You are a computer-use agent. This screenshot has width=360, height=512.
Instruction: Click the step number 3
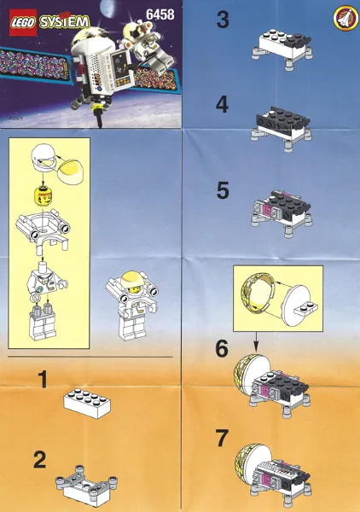click(x=223, y=20)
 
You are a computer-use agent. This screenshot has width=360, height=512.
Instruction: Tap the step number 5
click(x=223, y=191)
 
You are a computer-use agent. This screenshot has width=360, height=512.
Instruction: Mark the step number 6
click(x=223, y=349)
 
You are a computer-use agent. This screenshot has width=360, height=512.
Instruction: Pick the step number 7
click(x=223, y=439)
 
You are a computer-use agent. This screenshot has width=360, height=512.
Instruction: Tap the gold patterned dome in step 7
click(x=247, y=466)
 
